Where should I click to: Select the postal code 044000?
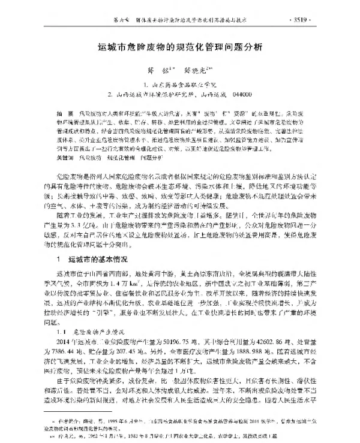coord(239,95)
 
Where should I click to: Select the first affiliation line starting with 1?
coord(179,85)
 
